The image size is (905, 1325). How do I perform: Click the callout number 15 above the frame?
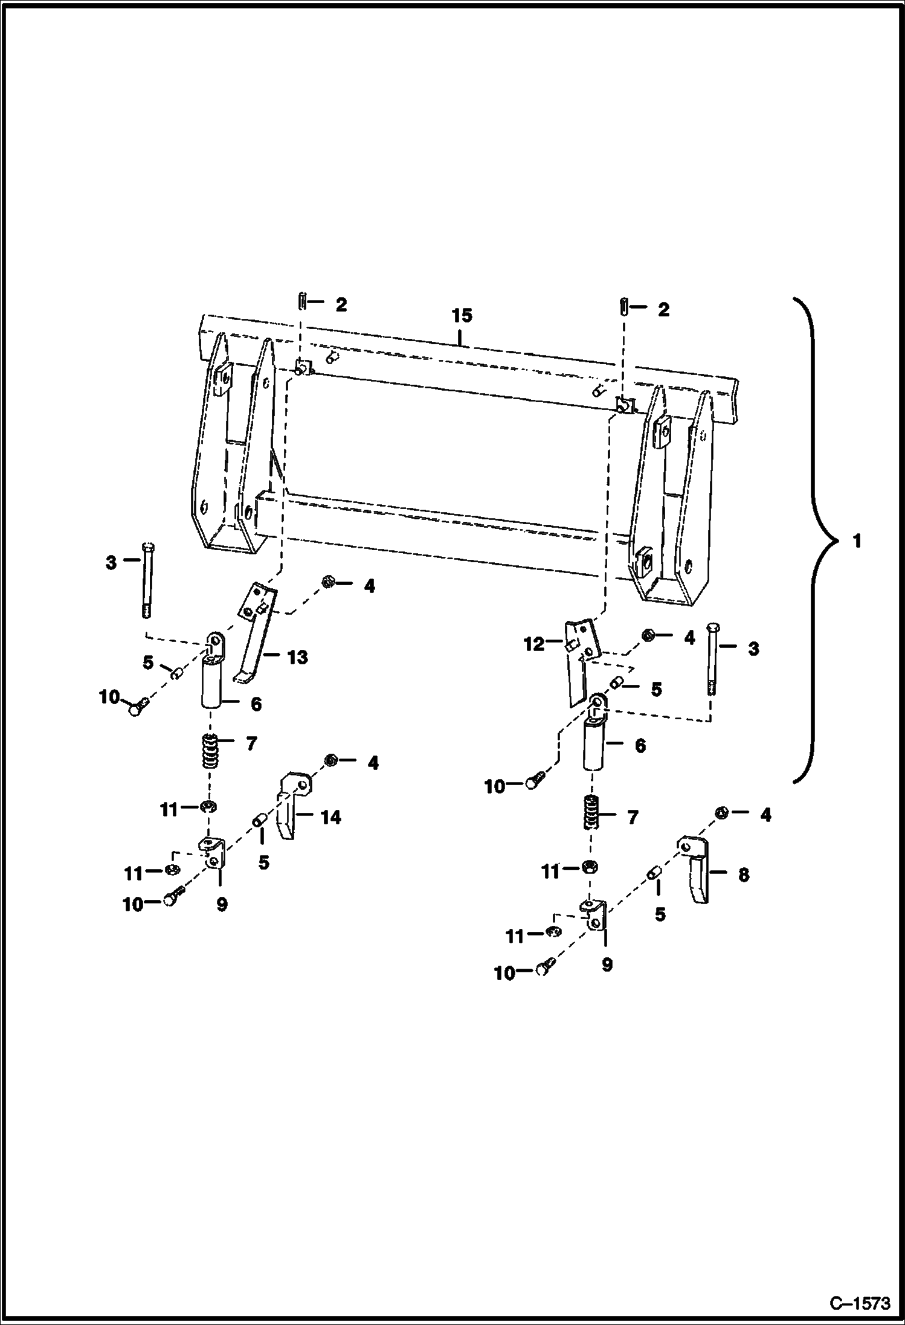462,316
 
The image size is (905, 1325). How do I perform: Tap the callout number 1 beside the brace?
856,541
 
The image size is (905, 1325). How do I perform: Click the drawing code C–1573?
860,1304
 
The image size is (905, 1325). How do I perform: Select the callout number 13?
297,657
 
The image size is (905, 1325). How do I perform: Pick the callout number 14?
330,817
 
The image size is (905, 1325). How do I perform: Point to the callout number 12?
534,644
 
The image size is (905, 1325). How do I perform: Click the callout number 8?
744,874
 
